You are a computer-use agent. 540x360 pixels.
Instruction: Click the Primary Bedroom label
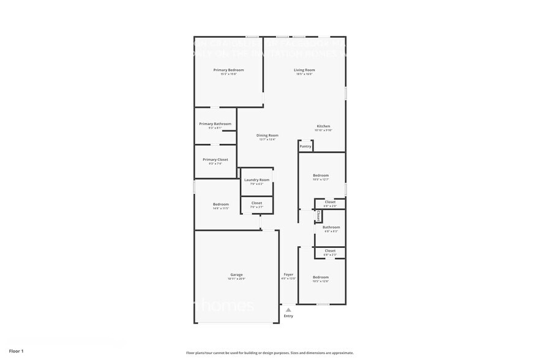point(228,70)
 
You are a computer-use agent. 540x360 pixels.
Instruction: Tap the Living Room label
point(304,70)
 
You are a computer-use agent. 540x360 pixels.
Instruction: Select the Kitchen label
point(323,126)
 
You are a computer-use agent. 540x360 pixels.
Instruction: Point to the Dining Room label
point(267,135)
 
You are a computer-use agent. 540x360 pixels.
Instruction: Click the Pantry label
point(305,146)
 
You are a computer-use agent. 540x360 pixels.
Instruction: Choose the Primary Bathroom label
point(215,124)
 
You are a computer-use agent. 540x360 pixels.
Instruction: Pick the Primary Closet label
point(215,159)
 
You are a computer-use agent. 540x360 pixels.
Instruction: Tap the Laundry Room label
point(257,179)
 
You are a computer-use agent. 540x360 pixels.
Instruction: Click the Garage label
point(236,274)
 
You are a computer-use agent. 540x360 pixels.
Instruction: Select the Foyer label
point(288,274)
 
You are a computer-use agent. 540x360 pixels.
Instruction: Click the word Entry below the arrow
point(288,316)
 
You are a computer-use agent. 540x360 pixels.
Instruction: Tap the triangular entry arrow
point(288,310)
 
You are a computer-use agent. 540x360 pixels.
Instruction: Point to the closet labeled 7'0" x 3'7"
point(257,206)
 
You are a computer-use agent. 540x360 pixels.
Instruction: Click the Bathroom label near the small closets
point(331,227)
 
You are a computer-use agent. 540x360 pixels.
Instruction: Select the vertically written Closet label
point(318,216)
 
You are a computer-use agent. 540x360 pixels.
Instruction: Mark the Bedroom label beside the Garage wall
point(220,204)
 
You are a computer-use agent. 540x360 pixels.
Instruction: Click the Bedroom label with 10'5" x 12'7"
point(321,175)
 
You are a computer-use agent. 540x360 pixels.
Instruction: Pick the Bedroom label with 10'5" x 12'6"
point(321,277)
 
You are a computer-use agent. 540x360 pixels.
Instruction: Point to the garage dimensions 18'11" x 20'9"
point(236,279)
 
